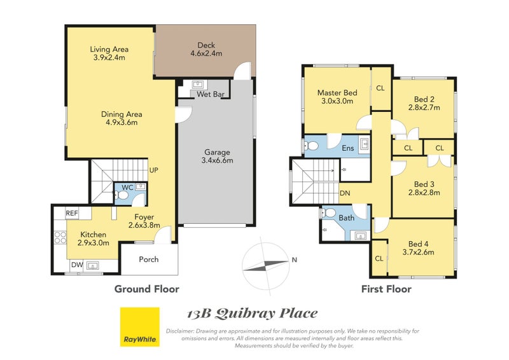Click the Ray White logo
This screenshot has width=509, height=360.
tap(140, 327)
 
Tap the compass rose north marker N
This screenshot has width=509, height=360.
tap(295, 260)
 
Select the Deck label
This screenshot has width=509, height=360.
tap(206, 45)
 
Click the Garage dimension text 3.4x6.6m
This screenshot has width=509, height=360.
tap(217, 160)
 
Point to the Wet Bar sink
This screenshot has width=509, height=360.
tap(198, 85)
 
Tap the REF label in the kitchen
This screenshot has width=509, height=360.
tap(72, 213)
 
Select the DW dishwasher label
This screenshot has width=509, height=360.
tap(77, 265)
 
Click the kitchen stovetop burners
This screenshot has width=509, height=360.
tap(60, 237)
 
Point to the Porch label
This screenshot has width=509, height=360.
tap(149, 260)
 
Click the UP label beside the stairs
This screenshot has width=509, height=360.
tap(154, 170)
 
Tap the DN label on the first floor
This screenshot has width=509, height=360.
tap(345, 193)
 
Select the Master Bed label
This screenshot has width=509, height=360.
tap(337, 93)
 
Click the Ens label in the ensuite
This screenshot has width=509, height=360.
tap(347, 148)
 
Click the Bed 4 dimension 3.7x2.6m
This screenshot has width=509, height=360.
tap(418, 253)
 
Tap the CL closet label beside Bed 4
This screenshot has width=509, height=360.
tap(379, 259)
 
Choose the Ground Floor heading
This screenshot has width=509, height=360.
tap(147, 289)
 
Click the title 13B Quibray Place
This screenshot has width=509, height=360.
tap(252, 314)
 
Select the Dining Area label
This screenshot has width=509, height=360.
tap(122, 114)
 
